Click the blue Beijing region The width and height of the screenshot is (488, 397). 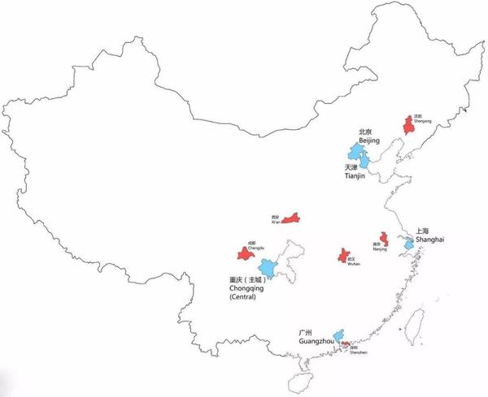(355, 152)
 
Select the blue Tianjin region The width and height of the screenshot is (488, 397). (364, 162)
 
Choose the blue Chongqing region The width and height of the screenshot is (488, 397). (268, 267)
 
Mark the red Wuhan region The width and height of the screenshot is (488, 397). (344, 256)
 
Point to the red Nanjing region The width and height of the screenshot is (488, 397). (384, 239)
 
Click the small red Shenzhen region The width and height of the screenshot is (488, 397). (346, 344)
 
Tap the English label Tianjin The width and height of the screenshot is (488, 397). (356, 178)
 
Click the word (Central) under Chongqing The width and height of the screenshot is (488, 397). (243, 297)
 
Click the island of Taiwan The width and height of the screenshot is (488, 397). (416, 325)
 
